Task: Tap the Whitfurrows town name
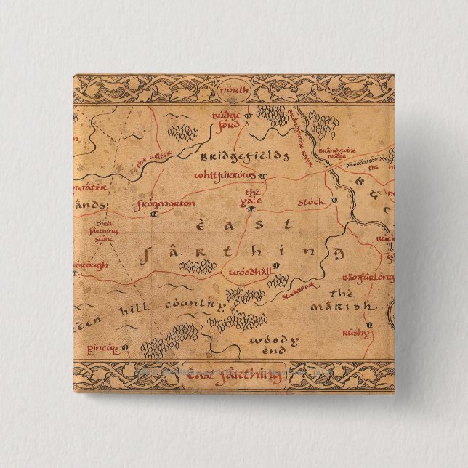(x=225, y=176)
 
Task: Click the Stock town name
(x=311, y=200)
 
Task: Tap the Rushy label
(x=356, y=333)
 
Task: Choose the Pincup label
(x=102, y=349)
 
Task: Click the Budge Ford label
(x=225, y=120)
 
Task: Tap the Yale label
(x=251, y=196)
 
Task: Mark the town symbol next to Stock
(x=334, y=199)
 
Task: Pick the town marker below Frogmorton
(x=153, y=215)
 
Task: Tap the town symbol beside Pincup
(x=125, y=348)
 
